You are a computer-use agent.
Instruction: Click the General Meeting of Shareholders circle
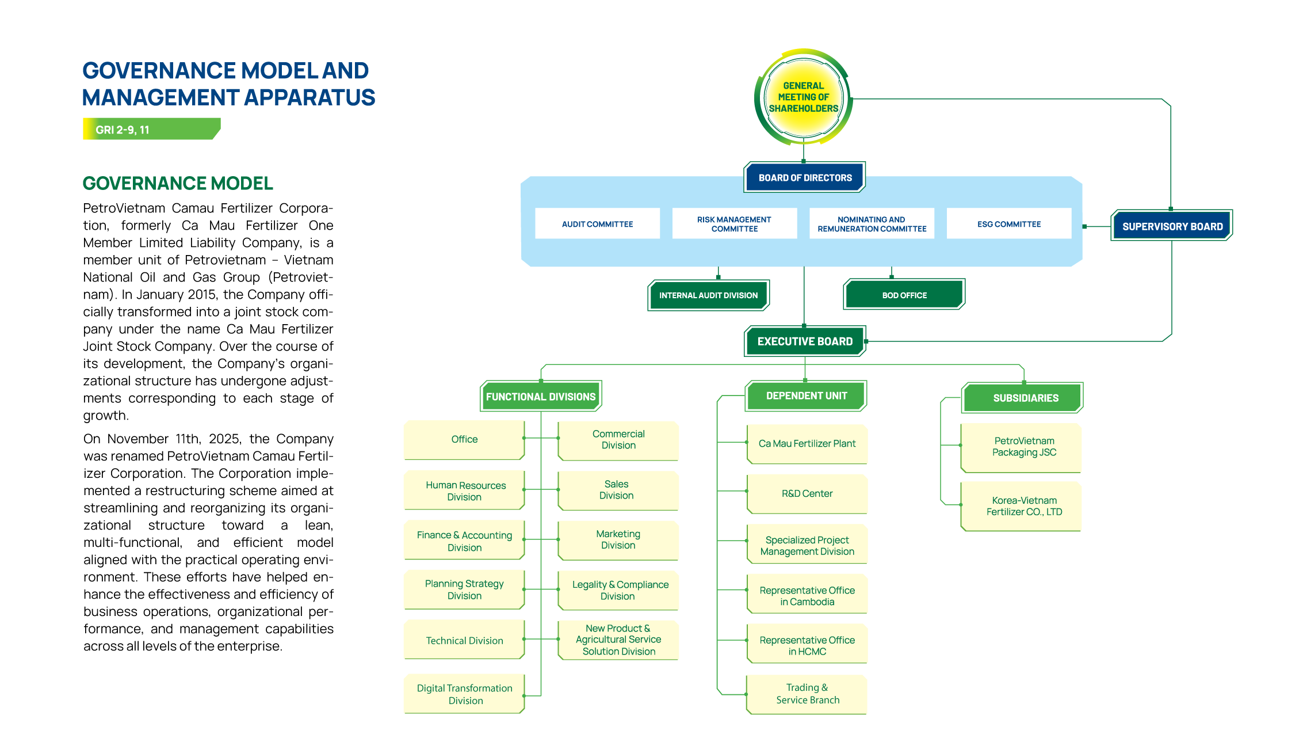tap(803, 97)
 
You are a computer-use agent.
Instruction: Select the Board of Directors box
tap(805, 178)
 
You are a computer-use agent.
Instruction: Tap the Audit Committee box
tap(597, 224)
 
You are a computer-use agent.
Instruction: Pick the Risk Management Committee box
tap(734, 224)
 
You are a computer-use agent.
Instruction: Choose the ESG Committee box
tap(1008, 224)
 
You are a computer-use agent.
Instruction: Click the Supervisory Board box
tap(1172, 226)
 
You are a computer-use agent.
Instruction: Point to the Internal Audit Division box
tap(708, 295)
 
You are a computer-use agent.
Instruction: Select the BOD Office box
tap(904, 295)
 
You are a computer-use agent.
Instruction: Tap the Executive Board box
tap(805, 341)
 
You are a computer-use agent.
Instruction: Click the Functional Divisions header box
tap(541, 397)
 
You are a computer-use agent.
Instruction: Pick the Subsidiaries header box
tap(1025, 398)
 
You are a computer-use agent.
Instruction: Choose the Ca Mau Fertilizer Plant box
tap(807, 444)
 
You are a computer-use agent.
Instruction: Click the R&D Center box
tap(807, 493)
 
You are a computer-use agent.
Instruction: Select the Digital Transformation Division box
tap(464, 694)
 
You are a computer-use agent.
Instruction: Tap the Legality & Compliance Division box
tap(619, 591)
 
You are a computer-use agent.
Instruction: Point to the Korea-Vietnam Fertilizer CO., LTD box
tap(1023, 506)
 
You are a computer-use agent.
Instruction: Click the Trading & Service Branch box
tap(807, 694)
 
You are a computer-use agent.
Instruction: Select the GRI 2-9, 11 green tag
tap(151, 130)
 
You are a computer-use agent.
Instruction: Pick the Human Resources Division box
tap(464, 491)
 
